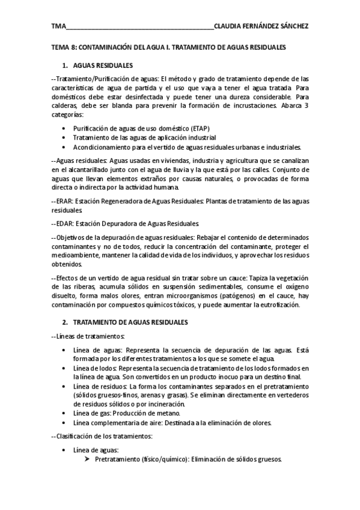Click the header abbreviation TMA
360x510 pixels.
(58, 26)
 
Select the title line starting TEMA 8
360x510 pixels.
(168, 46)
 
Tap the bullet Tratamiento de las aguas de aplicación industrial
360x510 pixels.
(148, 138)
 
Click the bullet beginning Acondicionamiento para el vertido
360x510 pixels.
(187, 147)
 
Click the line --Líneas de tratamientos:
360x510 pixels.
(88, 336)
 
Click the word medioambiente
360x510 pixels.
(76, 255)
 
